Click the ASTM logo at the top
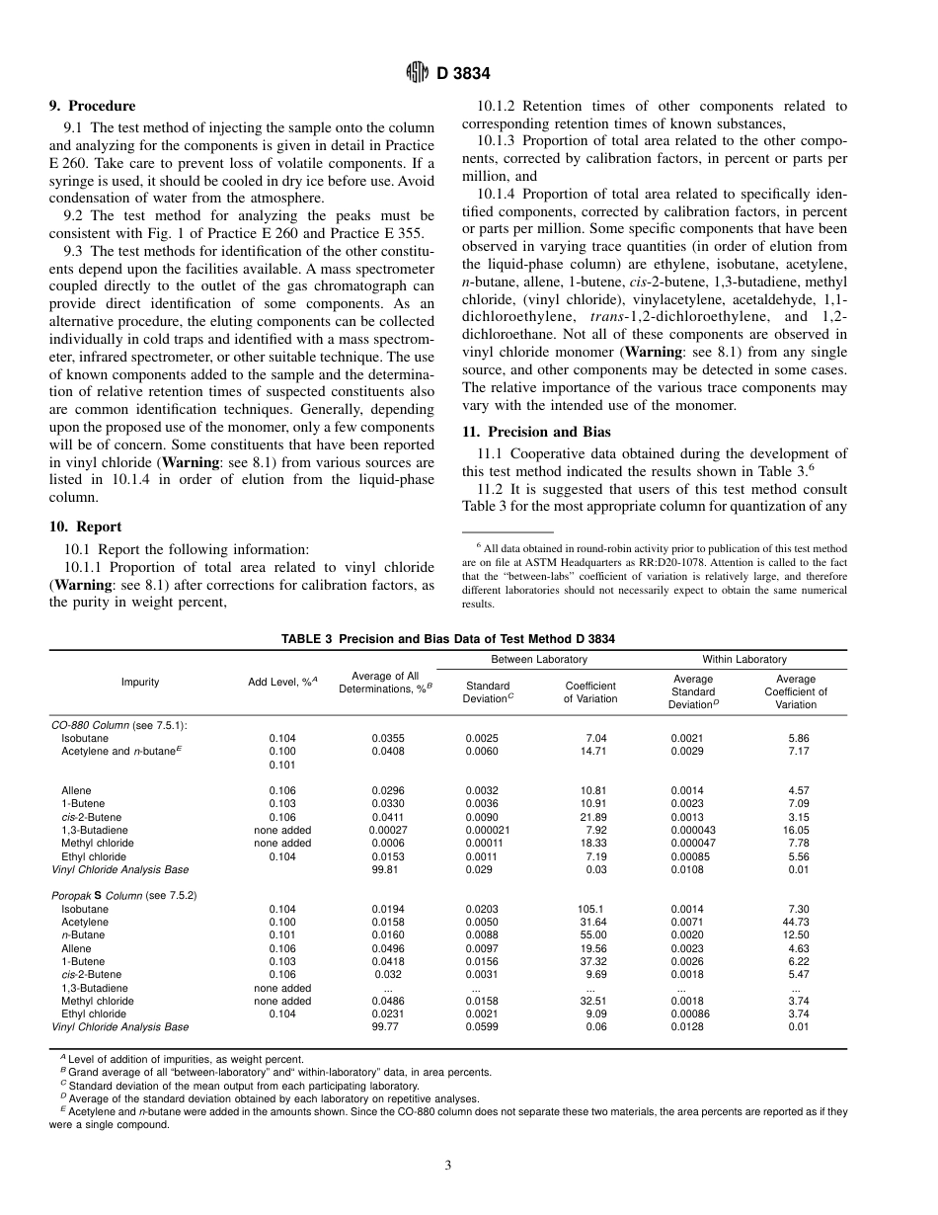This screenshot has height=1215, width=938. [418, 73]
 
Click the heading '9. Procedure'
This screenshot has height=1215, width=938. [92, 106]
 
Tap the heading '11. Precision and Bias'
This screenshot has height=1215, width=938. [536, 432]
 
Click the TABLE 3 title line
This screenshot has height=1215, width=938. [448, 639]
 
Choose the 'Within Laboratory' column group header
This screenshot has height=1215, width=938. [744, 659]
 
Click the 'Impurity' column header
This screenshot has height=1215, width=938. [140, 683]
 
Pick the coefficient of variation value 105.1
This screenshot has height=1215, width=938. [591, 908]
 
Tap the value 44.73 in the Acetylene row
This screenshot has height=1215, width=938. [798, 922]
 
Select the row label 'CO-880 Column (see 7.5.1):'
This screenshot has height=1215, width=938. [119, 725]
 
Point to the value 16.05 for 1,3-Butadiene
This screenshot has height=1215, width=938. [798, 830]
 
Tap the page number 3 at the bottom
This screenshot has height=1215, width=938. [447, 1166]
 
